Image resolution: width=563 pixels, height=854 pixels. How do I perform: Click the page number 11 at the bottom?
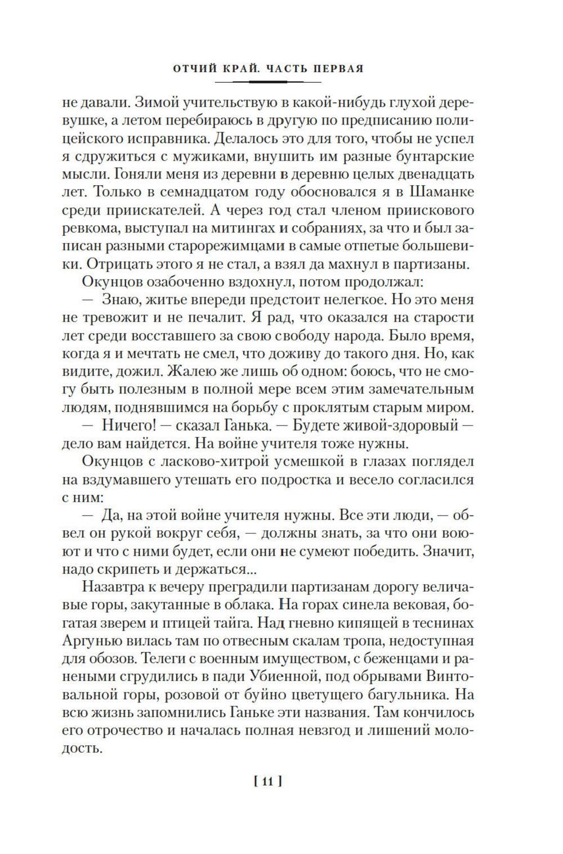click(267, 781)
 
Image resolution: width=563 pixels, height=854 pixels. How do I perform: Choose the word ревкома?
click(86, 227)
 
